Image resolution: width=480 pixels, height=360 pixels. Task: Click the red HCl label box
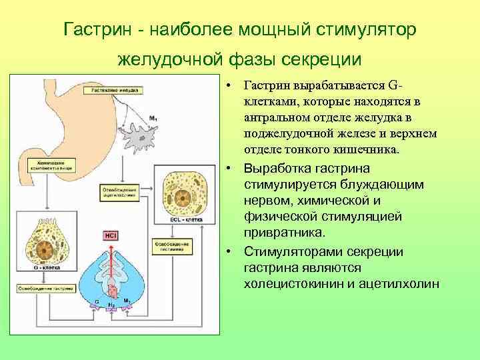click(x=109, y=235)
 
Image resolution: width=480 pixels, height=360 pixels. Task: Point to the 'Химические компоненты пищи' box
click(x=47, y=165)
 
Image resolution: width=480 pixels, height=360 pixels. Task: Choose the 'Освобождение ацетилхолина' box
click(x=119, y=193)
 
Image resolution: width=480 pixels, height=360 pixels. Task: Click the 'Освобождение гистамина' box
click(x=171, y=247)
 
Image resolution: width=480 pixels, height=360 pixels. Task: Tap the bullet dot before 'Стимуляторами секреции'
click(x=228, y=251)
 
